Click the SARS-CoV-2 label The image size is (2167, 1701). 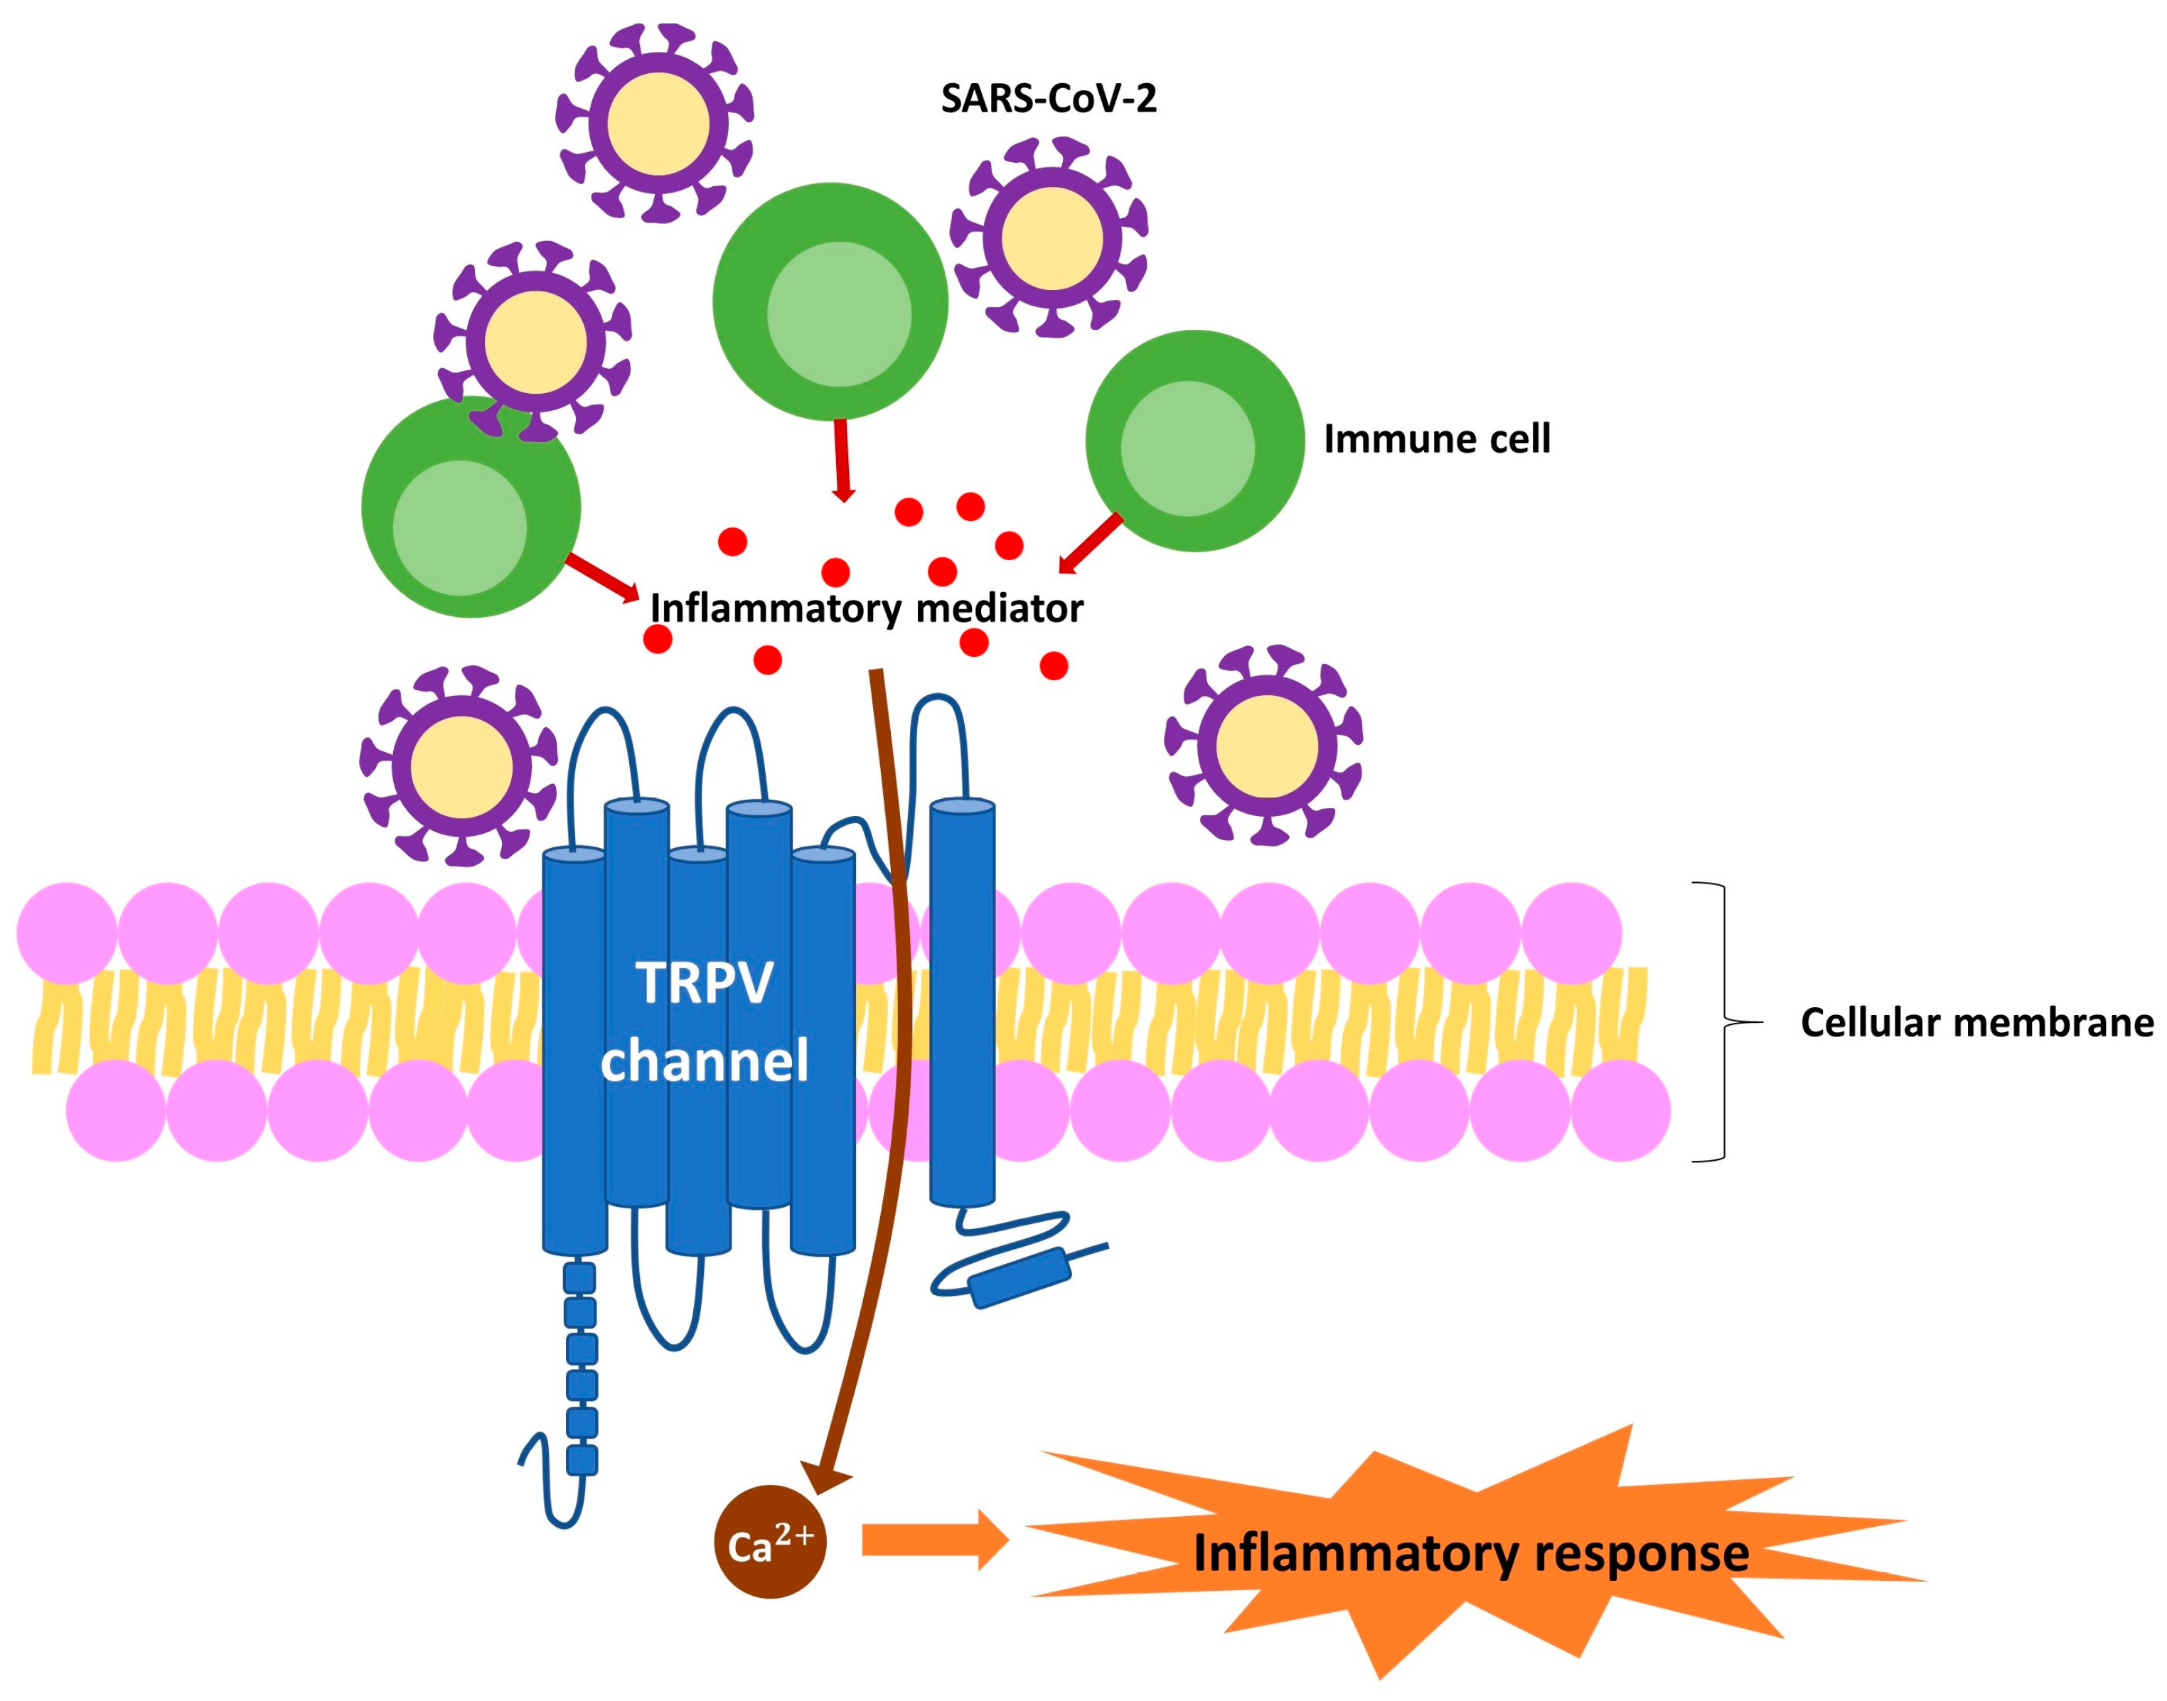click(x=1048, y=100)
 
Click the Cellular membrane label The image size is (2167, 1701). click(x=1976, y=1023)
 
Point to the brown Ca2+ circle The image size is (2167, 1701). click(x=770, y=1542)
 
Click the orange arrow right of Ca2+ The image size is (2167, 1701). click(x=934, y=1540)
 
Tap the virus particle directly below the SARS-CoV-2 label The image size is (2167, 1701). click(x=1049, y=238)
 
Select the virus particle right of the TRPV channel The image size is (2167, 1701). click(x=1264, y=745)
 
